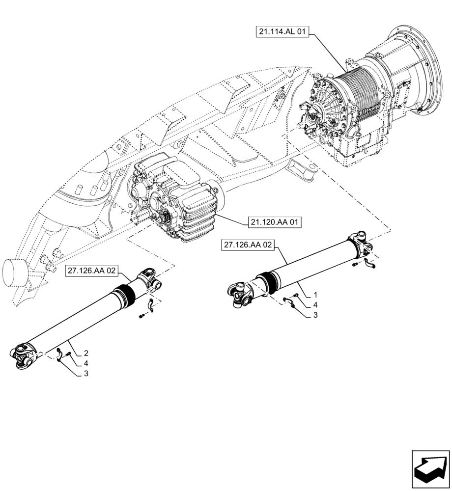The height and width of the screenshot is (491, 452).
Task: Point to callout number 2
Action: point(86,353)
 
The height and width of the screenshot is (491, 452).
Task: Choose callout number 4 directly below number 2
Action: point(86,363)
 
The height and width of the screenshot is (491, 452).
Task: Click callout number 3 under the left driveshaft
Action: point(86,374)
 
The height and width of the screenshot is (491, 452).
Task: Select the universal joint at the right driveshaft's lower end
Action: point(239,296)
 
